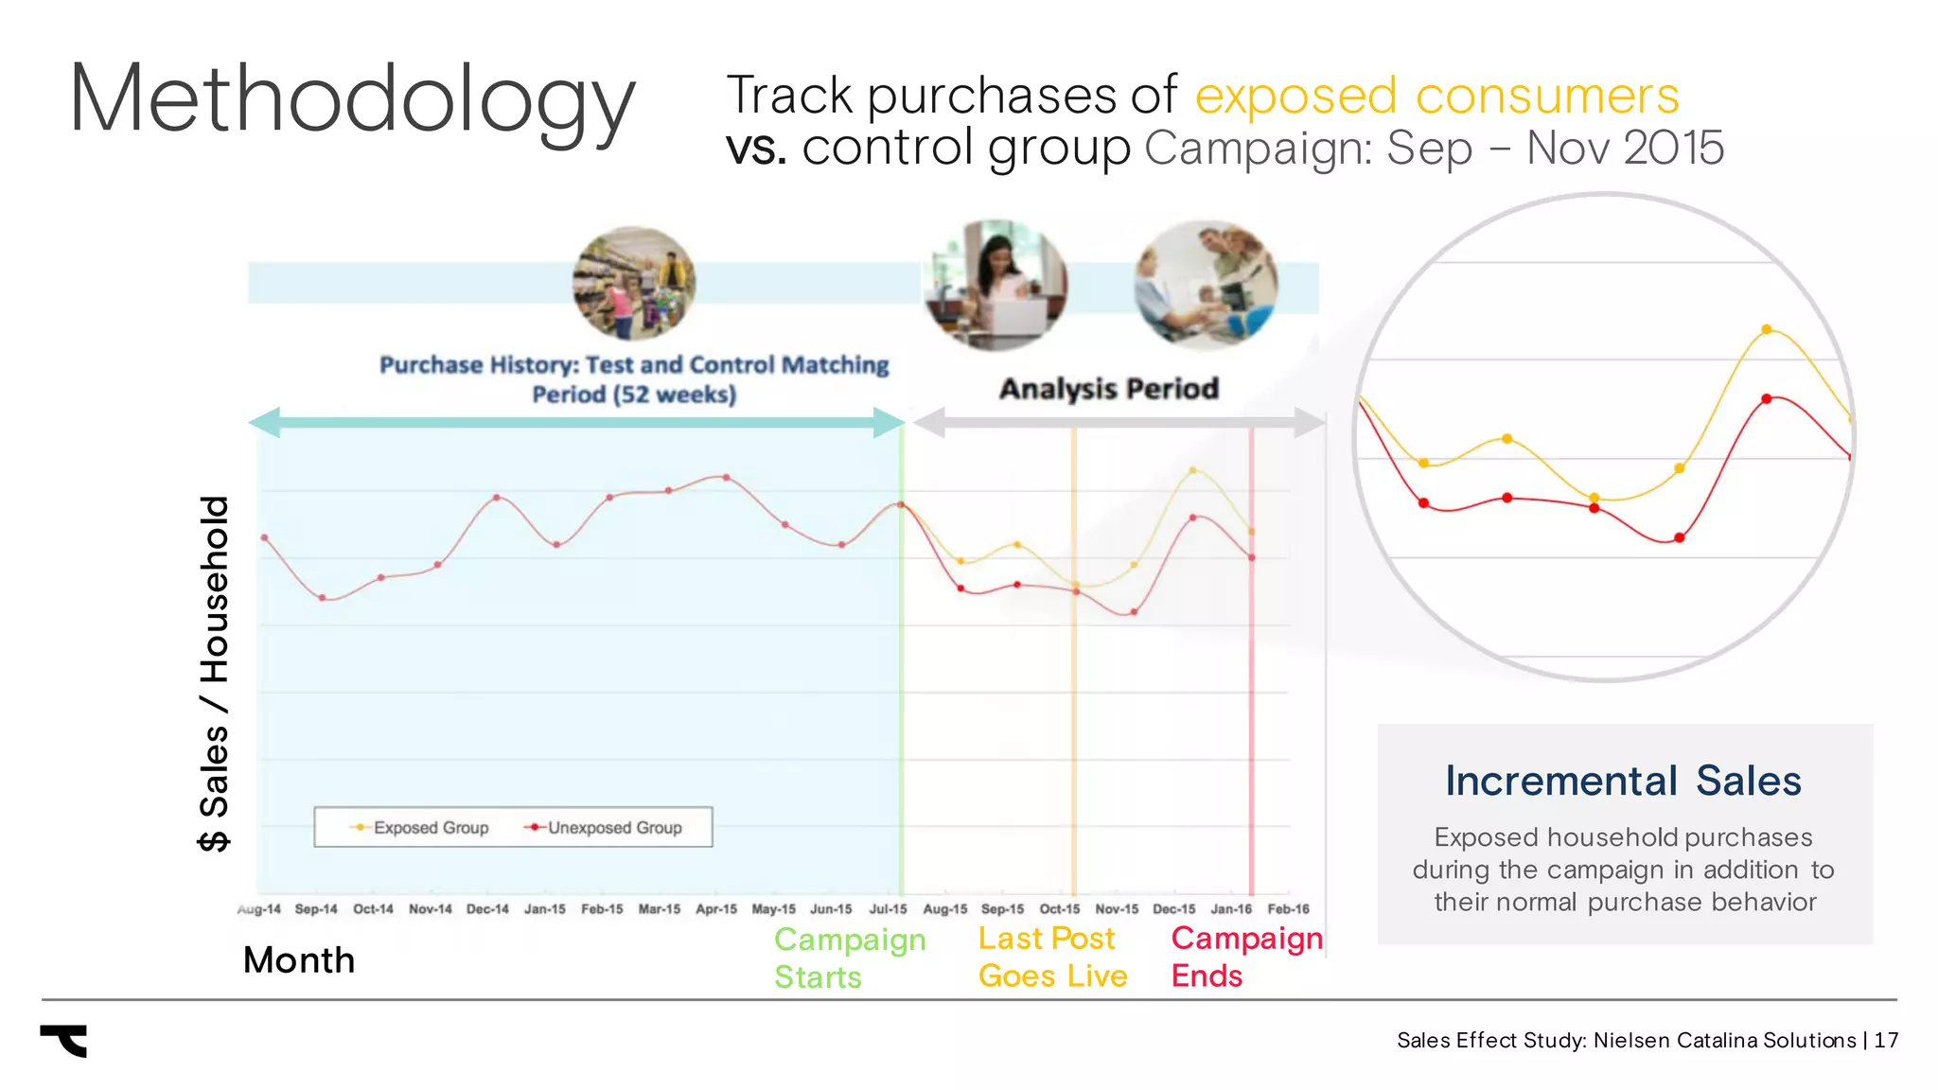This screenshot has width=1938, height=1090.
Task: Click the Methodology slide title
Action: [x=352, y=99]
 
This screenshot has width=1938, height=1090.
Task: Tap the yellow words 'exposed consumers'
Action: [x=1436, y=96]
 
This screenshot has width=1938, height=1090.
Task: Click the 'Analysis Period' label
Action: [x=1109, y=389]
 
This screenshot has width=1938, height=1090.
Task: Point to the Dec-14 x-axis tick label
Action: [x=487, y=909]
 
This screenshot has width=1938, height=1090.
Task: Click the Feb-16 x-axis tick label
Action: [x=1288, y=909]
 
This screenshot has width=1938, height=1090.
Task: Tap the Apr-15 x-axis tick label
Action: [x=716, y=909]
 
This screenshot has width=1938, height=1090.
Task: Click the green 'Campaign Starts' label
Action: [x=849, y=958]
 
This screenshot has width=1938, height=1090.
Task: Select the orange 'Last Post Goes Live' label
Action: [x=1052, y=957]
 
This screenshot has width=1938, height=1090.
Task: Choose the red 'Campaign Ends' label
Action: [x=1246, y=957]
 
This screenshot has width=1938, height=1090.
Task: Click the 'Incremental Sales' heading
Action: [x=1623, y=782]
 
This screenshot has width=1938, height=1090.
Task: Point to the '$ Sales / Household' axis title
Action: [x=215, y=673]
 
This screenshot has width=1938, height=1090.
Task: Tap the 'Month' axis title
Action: [x=299, y=960]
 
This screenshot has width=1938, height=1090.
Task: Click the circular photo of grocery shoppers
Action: [x=633, y=283]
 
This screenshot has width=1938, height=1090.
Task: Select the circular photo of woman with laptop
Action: [x=995, y=284]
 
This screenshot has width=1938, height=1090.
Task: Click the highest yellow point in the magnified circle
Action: [x=1767, y=329]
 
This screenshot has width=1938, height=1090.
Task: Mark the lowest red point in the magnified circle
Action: [x=1680, y=537]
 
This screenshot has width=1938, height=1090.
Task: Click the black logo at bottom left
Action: [x=65, y=1040]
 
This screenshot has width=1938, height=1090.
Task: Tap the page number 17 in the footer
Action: [x=1886, y=1041]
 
